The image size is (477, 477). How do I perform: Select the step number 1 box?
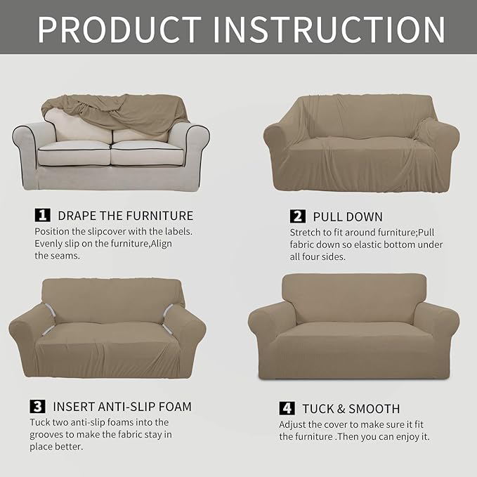(41, 215)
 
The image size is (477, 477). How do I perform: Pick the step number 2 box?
(296, 216)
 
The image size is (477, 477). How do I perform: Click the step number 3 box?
(37, 406)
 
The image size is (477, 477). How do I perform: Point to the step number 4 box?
(287, 408)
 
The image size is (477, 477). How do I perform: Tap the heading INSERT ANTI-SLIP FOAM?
(120, 406)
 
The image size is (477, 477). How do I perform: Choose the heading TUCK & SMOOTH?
(351, 408)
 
